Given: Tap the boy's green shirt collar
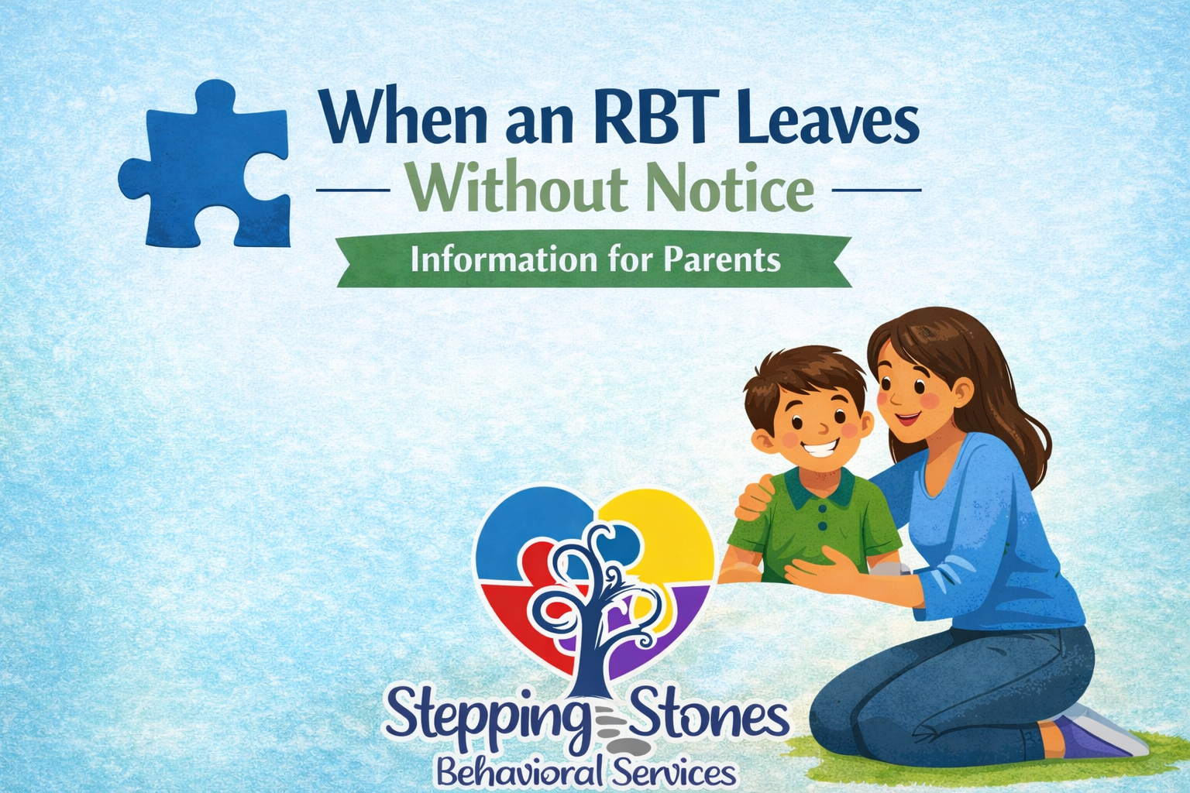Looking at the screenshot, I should tap(821, 488).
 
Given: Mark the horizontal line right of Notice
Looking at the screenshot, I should tap(875, 189).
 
